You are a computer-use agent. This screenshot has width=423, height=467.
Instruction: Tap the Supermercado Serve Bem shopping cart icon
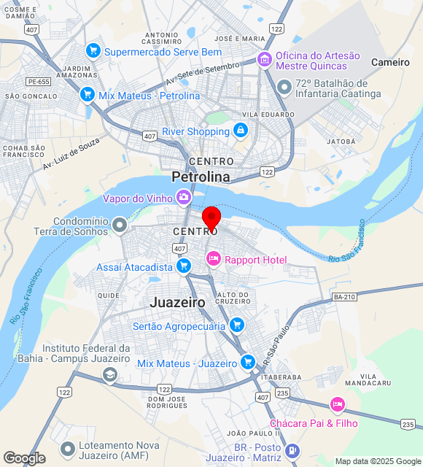93,50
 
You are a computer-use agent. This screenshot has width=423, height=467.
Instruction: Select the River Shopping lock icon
240,131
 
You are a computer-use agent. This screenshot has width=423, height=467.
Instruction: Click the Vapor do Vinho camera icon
183,197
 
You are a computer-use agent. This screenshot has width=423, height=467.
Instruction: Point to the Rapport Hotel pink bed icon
213,258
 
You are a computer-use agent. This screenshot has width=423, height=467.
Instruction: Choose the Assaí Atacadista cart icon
184,266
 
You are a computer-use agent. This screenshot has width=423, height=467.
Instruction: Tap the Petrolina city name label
201,177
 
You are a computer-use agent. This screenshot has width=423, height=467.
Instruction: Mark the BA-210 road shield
344,296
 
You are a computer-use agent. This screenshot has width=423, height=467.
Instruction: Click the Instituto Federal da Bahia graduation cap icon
109,375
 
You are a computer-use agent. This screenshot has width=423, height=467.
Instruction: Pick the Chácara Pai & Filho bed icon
337,404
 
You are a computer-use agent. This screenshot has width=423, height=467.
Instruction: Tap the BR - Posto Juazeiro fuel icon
292,451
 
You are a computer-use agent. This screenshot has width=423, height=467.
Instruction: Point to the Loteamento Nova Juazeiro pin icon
68,447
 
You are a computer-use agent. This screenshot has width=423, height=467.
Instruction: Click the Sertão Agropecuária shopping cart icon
236,325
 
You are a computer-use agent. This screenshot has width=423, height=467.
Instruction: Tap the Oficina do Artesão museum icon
265,58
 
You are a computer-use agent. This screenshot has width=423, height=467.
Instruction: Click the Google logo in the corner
24,458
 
